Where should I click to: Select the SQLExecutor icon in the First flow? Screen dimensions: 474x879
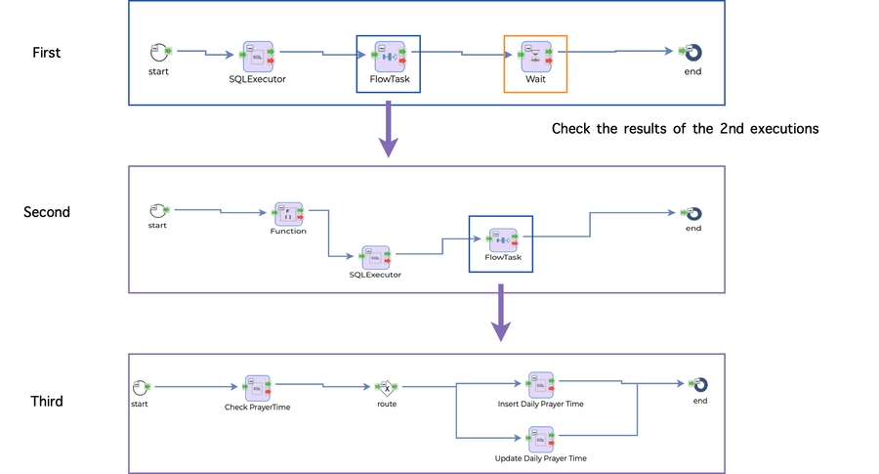coord(258,55)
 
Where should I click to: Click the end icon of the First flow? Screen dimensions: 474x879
coord(692,52)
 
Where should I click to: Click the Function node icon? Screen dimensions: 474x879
coord(288,213)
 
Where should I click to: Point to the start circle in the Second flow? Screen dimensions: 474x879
coord(157,210)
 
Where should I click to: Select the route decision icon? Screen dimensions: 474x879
coord(388,387)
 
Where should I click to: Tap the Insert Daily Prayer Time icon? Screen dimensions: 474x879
coord(540,384)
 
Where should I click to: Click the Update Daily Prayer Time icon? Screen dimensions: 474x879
coord(540,439)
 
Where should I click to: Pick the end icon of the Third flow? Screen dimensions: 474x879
coord(699,385)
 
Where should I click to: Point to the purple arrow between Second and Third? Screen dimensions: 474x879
coord(500,315)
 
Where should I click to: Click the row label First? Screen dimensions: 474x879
coord(46,53)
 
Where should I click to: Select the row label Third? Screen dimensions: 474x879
coord(47,401)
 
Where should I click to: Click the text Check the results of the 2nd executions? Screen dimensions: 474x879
coord(685,128)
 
